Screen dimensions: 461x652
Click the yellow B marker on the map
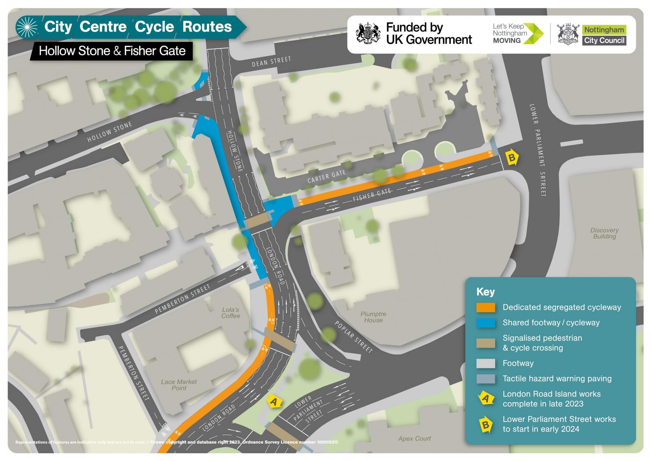coord(512,157)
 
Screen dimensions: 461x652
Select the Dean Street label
coord(271,61)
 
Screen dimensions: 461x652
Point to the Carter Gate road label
coord(326,176)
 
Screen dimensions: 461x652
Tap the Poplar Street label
coord(353,337)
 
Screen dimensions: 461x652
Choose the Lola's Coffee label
coord(231,313)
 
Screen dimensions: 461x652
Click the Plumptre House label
coord(373,317)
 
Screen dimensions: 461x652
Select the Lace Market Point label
coord(179,385)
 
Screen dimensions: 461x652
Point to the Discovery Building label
coord(604,233)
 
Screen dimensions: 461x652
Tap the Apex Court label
coord(415,439)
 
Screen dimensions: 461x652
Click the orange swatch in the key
coord(485,307)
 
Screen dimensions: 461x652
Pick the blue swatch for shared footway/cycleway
coord(485,323)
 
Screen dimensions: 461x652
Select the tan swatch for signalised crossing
coord(485,343)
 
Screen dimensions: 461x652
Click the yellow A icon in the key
coord(485,398)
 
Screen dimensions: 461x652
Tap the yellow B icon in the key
coord(485,424)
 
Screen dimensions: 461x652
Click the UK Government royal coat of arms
coord(368,33)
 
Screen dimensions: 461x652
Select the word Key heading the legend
coord(485,292)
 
